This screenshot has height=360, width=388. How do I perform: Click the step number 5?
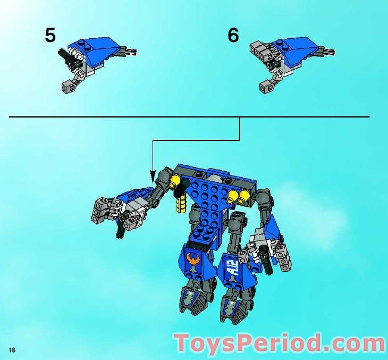click(50, 35)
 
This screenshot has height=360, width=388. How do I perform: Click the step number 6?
click(233, 35)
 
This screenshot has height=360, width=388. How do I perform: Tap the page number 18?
click(12, 349)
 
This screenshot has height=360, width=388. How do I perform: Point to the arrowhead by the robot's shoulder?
click(153, 175)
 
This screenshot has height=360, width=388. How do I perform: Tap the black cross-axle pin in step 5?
click(71, 56)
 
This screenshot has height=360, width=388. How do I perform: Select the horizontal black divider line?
click(189, 116)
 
